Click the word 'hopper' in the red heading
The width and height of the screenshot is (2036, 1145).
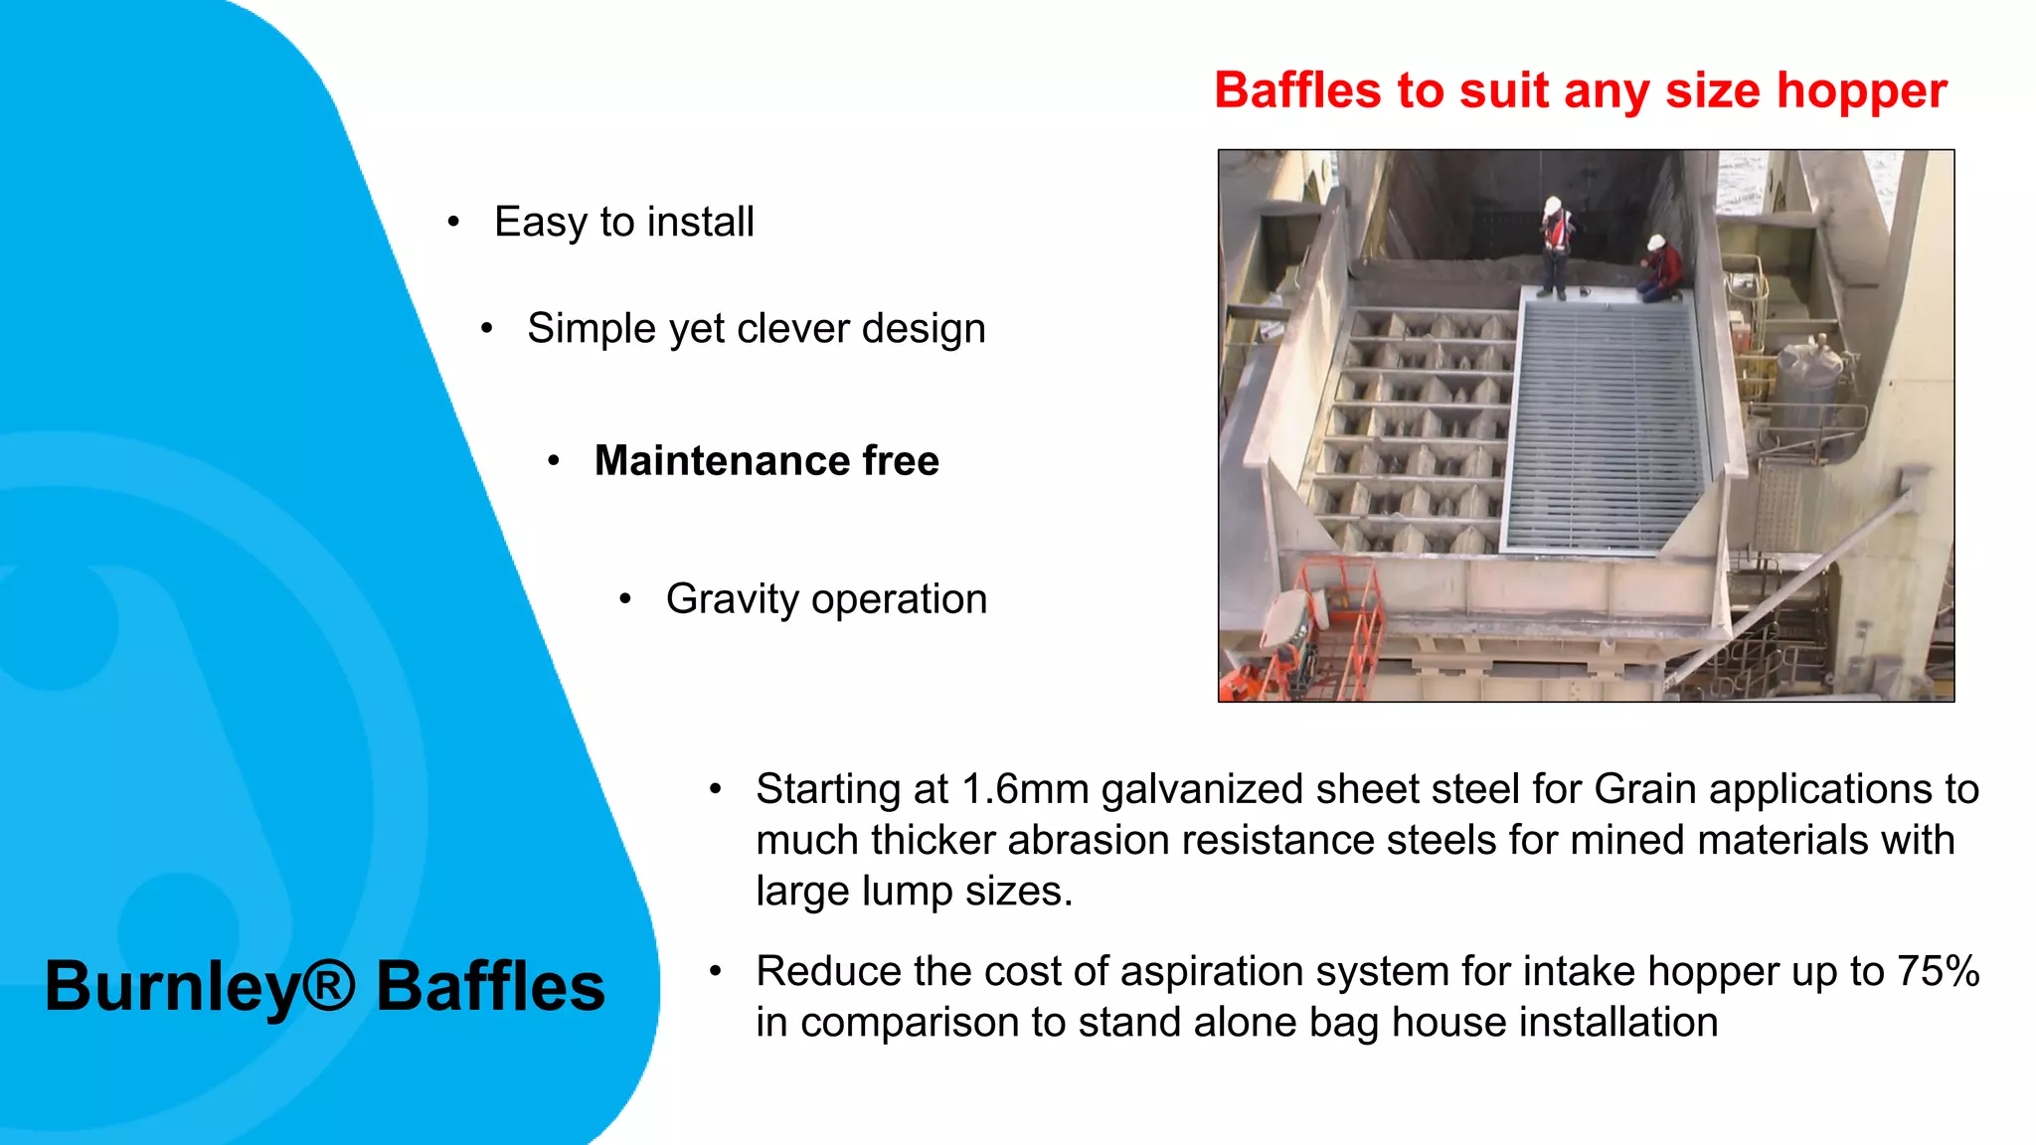[x=1861, y=91]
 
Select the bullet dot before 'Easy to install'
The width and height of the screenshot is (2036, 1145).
[x=453, y=222]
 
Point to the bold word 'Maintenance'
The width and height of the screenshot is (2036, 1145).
[x=721, y=461]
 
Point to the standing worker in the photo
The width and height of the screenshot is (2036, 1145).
[x=1555, y=248]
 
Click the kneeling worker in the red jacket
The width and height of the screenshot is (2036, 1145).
[x=1661, y=269]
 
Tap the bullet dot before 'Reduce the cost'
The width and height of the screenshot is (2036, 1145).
[x=715, y=971]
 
